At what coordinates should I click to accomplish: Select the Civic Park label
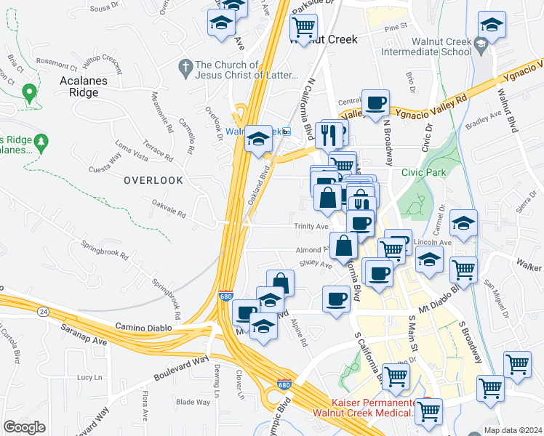pos(423,173)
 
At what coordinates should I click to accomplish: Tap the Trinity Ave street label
pos(311,226)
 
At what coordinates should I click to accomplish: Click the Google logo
pos(25,427)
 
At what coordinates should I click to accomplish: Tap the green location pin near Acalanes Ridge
pos(29,94)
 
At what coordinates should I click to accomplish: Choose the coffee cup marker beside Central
pos(375,103)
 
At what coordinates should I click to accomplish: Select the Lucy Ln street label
pos(89,377)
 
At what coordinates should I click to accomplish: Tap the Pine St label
pos(396,26)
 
